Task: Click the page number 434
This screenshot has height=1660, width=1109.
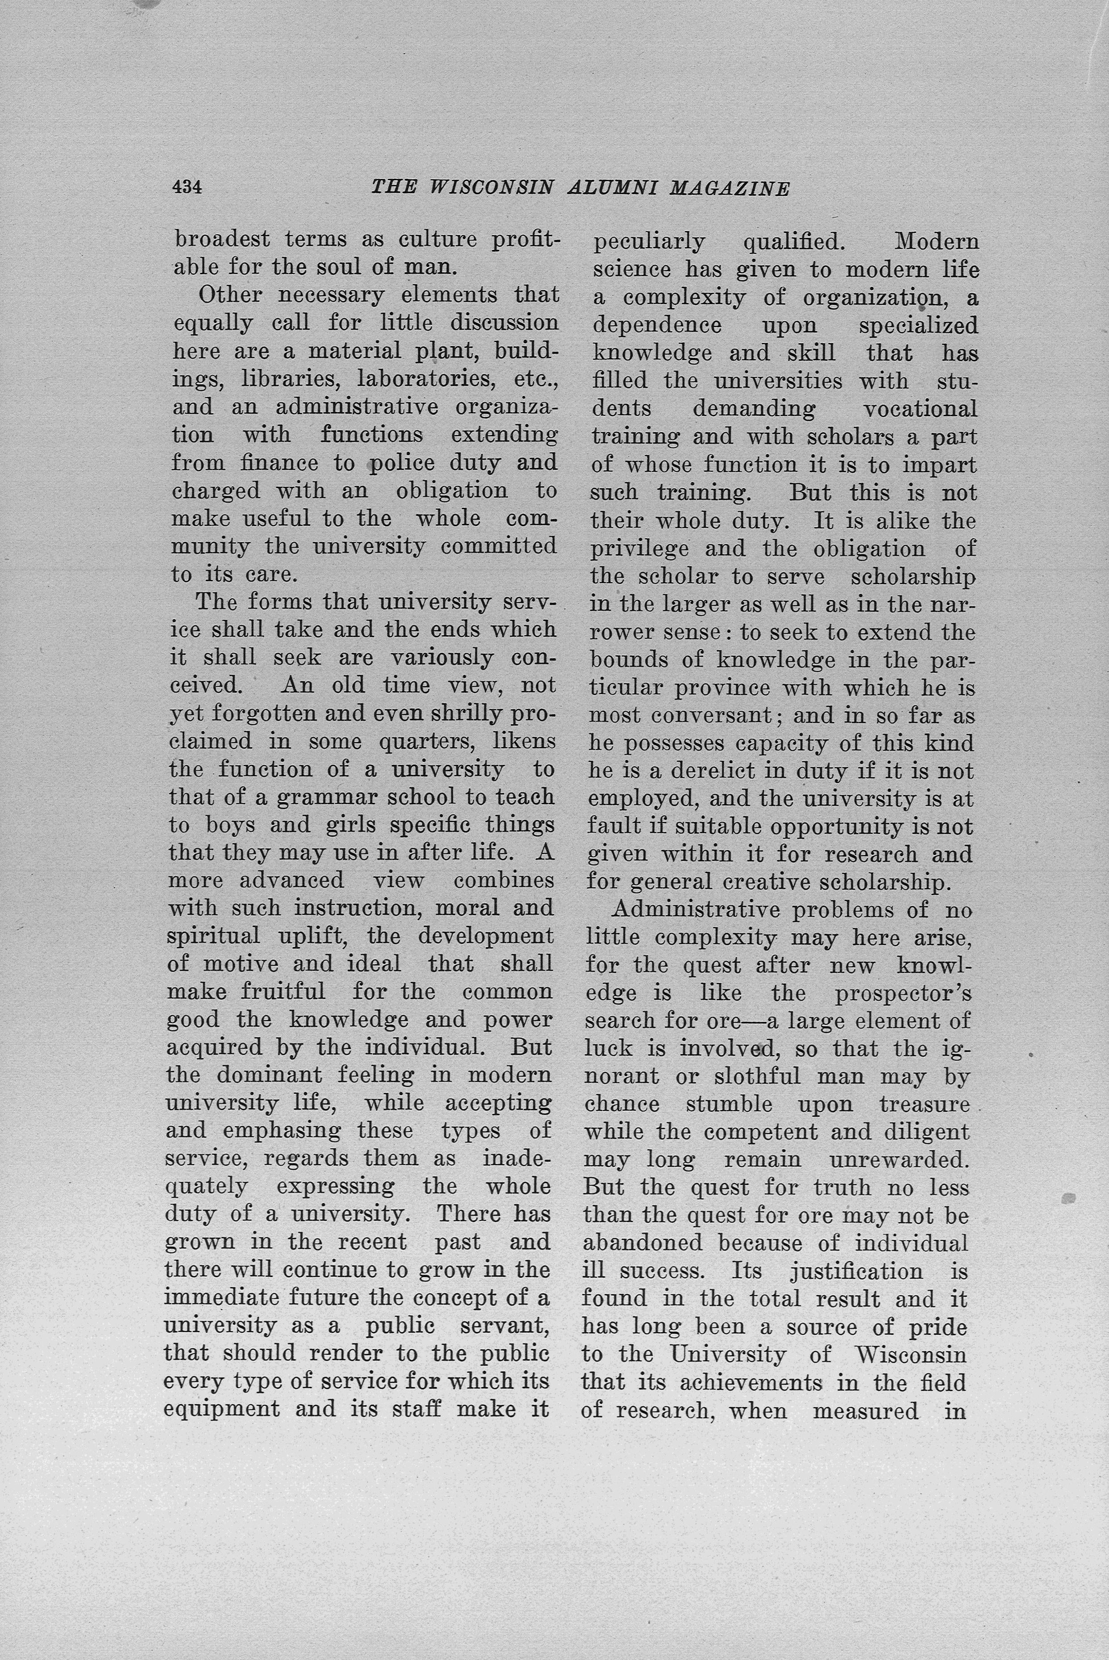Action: [187, 187]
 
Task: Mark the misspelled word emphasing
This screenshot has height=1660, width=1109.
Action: [282, 1131]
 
